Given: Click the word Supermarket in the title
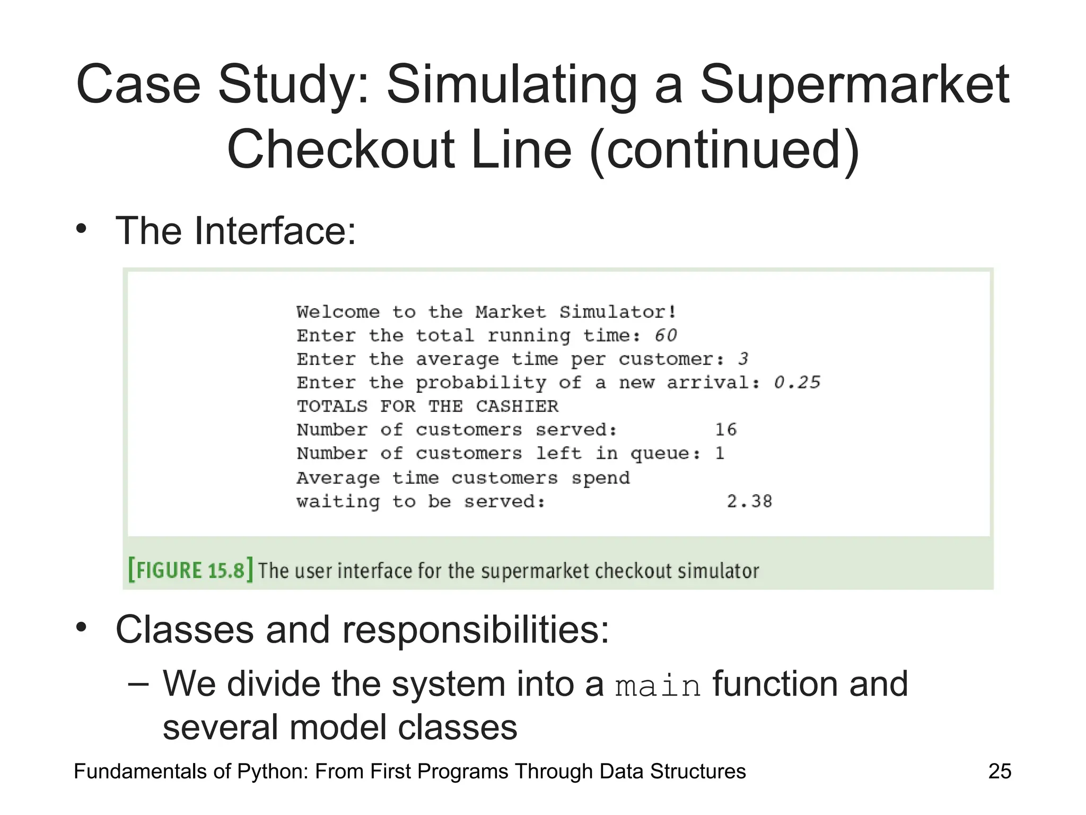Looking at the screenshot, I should pyautogui.click(x=855, y=85).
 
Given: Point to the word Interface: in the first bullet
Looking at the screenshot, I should pyautogui.click(x=275, y=231).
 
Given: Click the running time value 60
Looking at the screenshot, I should pyautogui.click(x=665, y=335).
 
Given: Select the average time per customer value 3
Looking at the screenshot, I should pyautogui.click(x=743, y=359).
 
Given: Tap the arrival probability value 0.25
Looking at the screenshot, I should pyautogui.click(x=796, y=383).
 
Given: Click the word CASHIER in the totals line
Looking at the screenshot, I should pyautogui.click(x=517, y=406).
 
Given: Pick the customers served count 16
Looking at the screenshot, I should pyautogui.click(x=725, y=429).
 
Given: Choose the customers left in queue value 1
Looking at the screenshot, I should pyautogui.click(x=720, y=453).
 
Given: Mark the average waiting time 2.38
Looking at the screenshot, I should pyautogui.click(x=749, y=501).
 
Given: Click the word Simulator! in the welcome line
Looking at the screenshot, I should pyautogui.click(x=618, y=312).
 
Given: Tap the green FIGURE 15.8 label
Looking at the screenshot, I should pyautogui.click(x=190, y=570).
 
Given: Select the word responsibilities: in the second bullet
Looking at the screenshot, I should pyautogui.click(x=475, y=630).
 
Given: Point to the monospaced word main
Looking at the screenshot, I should pyautogui.click(x=658, y=686).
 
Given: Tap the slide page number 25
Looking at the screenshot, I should pyautogui.click(x=1000, y=771).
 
